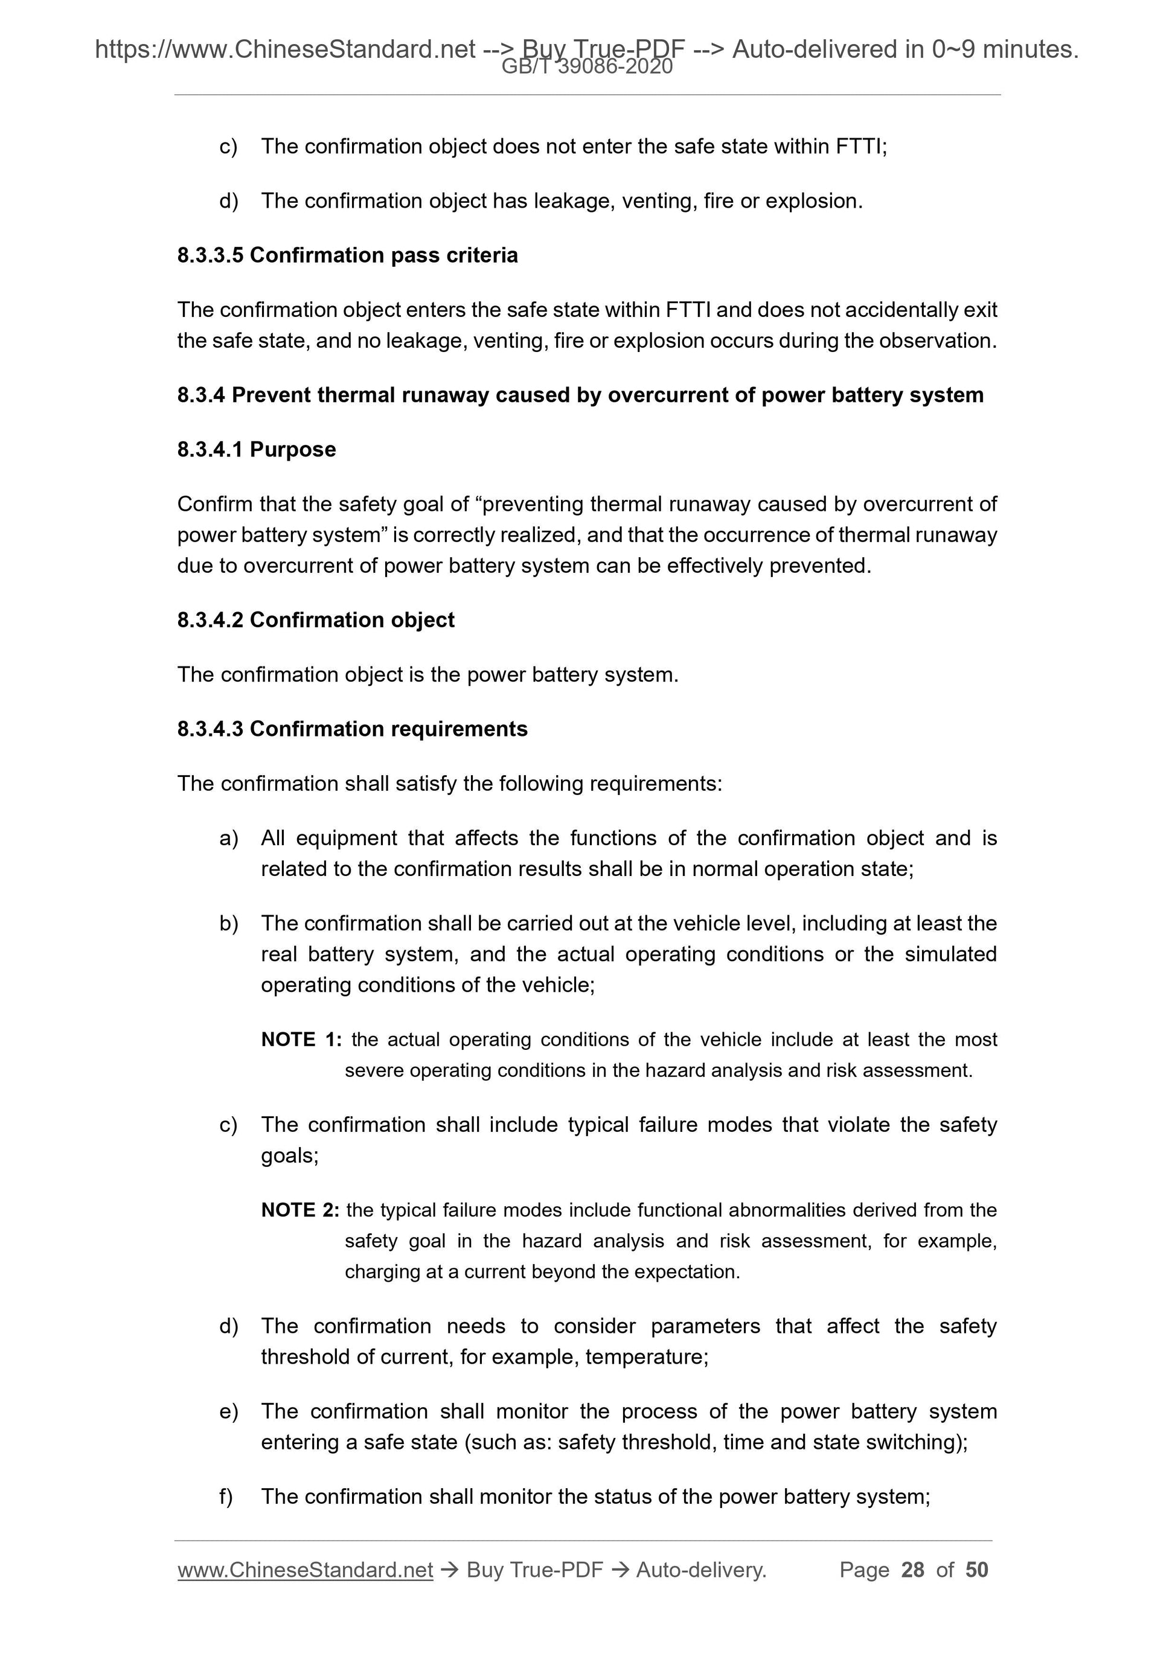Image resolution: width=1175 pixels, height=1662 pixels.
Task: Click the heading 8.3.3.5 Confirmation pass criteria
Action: pos(348,255)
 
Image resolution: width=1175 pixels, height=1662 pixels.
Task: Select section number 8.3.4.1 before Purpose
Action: pos(211,450)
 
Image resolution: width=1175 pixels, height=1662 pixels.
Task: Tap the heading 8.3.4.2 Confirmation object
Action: pos(316,621)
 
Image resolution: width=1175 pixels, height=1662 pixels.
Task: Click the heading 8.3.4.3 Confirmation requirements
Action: pos(352,729)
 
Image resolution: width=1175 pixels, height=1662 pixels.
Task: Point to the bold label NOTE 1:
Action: pos(301,1040)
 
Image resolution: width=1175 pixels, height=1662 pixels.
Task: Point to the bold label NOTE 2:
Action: pos(299,1210)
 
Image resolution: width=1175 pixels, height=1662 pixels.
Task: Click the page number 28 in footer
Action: pos(912,1570)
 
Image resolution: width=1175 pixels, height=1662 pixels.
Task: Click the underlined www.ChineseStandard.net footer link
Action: pos(305,1570)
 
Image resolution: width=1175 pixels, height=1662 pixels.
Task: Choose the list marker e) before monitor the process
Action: pos(228,1411)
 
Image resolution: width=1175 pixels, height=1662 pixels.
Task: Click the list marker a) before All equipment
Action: pos(228,838)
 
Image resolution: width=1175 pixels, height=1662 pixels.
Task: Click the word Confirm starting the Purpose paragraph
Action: pos(214,504)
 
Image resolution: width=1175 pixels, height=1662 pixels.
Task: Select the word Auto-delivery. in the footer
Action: pos(701,1570)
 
